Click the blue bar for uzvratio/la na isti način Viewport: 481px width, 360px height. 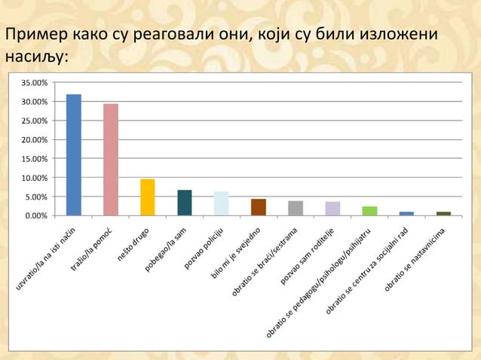click(74, 154)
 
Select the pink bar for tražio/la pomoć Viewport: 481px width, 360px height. click(111, 159)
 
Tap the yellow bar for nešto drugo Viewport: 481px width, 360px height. click(148, 197)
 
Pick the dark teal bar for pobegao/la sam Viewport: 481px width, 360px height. click(185, 203)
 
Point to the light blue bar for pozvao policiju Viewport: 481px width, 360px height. click(222, 203)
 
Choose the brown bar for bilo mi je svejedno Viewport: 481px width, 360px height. click(259, 207)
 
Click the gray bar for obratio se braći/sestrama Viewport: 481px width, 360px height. click(296, 208)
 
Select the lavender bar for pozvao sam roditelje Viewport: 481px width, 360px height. click(332, 208)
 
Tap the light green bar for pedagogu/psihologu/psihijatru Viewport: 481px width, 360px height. click(369, 211)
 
